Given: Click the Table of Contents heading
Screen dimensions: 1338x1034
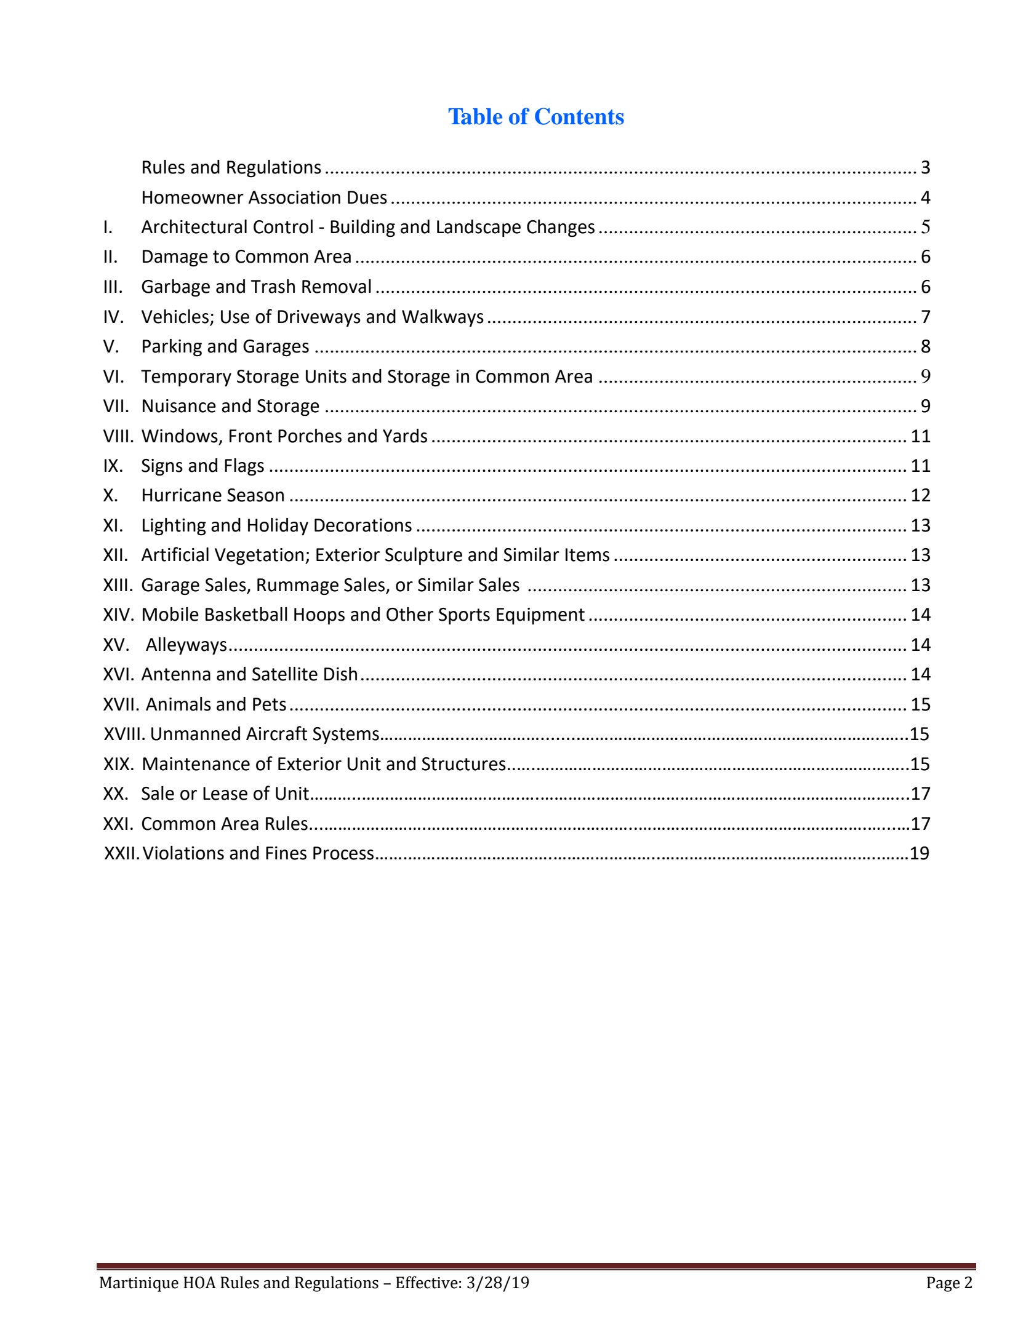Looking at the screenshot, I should coord(535,117).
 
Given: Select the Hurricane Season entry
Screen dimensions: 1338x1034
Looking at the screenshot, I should coord(213,495).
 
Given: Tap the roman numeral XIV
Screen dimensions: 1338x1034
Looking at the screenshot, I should coord(118,615).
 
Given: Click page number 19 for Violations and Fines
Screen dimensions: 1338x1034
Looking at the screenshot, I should coord(919,853).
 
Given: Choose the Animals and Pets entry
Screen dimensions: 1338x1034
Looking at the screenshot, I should coord(216,704).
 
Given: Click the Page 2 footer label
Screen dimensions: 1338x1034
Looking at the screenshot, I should coord(949,1283).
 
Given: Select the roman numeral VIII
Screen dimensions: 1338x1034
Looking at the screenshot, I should coord(118,436).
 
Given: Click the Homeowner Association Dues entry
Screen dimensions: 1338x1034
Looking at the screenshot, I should coord(264,197).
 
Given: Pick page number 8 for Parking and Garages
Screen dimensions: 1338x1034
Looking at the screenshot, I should coord(925,346).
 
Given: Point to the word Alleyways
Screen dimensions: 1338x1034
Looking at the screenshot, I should coord(186,645).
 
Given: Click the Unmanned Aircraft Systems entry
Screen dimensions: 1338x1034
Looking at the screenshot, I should coord(265,734).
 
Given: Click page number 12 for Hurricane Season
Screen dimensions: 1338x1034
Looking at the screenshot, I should coord(920,495).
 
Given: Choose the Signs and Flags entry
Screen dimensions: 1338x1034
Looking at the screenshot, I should coord(202,466).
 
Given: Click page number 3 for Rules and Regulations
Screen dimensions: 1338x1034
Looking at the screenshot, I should coord(925,167).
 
